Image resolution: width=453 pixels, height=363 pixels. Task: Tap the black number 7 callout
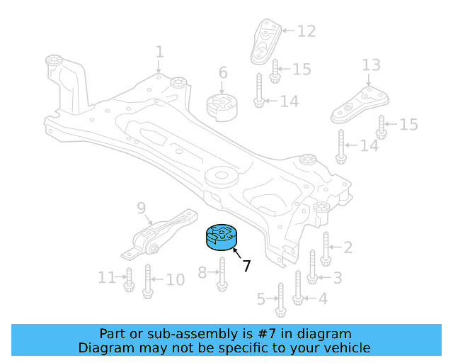[x=246, y=267]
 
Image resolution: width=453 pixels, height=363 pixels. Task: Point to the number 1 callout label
[x=159, y=52]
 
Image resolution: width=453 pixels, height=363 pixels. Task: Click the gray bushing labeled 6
[x=222, y=106]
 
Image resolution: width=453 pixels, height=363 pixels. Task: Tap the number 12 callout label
[x=306, y=31]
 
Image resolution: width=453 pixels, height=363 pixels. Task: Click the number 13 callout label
[x=372, y=66]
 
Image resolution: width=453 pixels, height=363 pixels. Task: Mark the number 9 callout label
[x=141, y=208]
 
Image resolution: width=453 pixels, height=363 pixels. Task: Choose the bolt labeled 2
[x=326, y=248]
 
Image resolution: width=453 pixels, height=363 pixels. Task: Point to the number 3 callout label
[x=337, y=277]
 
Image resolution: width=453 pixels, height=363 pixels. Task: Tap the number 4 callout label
[x=323, y=298]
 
